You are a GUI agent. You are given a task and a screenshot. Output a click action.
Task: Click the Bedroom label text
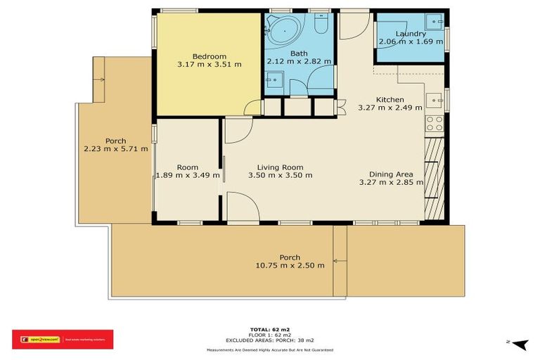[x=209, y=56]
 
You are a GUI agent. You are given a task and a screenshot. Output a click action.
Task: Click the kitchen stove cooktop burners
[x=435, y=124]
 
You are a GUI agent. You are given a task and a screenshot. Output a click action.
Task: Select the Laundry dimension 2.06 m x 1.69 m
[x=411, y=42]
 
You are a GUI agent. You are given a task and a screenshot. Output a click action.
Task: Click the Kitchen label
[x=390, y=99]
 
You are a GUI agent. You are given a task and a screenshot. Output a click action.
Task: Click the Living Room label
[x=280, y=167]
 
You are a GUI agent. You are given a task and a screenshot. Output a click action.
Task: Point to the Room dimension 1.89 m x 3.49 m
[x=187, y=175]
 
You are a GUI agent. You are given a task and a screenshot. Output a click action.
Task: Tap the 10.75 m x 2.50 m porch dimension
[x=290, y=265]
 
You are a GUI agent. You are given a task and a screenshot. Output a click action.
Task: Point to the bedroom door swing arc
[x=250, y=107]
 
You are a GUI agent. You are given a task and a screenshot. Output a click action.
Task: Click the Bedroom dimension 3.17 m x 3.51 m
[x=209, y=64]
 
